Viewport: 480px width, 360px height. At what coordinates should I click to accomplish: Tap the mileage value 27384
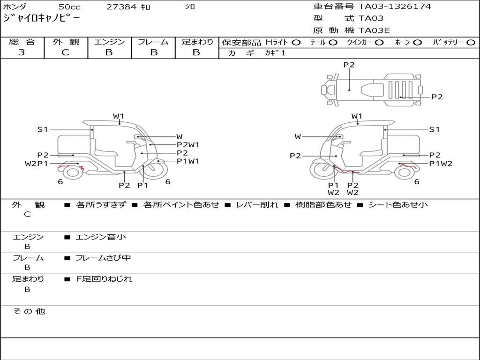click(x=121, y=7)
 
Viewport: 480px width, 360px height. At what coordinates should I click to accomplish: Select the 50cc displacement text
click(x=69, y=7)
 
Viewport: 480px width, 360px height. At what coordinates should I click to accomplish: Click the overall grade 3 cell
click(x=22, y=52)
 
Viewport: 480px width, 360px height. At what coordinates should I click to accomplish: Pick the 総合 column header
click(x=22, y=42)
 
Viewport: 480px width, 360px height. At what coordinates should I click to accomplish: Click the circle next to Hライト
click(x=296, y=42)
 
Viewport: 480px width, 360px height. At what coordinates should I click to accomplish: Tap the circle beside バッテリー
click(x=471, y=42)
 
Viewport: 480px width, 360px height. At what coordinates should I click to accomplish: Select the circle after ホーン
click(x=417, y=42)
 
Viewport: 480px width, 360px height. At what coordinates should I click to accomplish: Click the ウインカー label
click(x=359, y=42)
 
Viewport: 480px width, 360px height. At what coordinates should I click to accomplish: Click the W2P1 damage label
click(x=36, y=164)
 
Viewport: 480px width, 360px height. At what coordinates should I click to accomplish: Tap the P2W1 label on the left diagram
click(x=188, y=145)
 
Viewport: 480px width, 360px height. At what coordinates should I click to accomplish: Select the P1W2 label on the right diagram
click(x=441, y=164)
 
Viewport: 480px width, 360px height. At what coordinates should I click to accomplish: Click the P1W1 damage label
click(x=188, y=161)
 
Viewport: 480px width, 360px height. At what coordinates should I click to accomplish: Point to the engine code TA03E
click(x=374, y=31)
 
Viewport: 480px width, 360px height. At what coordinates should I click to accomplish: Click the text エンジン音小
click(x=101, y=237)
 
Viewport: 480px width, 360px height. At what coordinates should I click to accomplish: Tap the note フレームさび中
click(x=104, y=258)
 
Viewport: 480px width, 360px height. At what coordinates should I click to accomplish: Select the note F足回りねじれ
click(x=104, y=279)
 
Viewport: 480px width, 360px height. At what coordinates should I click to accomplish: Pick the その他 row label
click(x=29, y=311)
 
